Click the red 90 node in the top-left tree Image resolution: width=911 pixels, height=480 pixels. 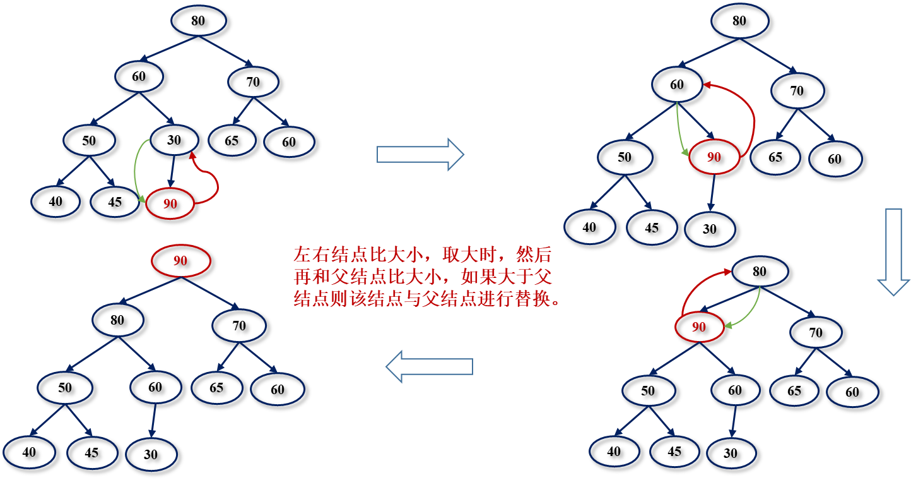point(170,203)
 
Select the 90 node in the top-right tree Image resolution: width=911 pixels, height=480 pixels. point(714,157)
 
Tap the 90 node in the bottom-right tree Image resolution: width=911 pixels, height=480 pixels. point(698,327)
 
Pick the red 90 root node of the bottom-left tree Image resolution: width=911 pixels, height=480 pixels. point(180,260)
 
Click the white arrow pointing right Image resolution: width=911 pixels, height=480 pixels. point(420,154)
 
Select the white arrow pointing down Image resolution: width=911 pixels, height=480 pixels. point(893,251)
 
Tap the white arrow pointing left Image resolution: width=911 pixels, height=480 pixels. point(429,366)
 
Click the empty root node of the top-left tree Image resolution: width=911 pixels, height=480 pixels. point(199,20)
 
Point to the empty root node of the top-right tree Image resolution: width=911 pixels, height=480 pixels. point(739,20)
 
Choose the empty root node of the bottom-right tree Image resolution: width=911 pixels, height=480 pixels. point(760,272)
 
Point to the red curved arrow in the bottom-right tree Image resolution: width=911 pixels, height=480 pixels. point(694,287)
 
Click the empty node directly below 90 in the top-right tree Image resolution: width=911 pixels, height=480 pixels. point(710,229)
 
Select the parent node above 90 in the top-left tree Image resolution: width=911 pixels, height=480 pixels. point(175,140)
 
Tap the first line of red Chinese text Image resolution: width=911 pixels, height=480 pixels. point(421,255)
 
